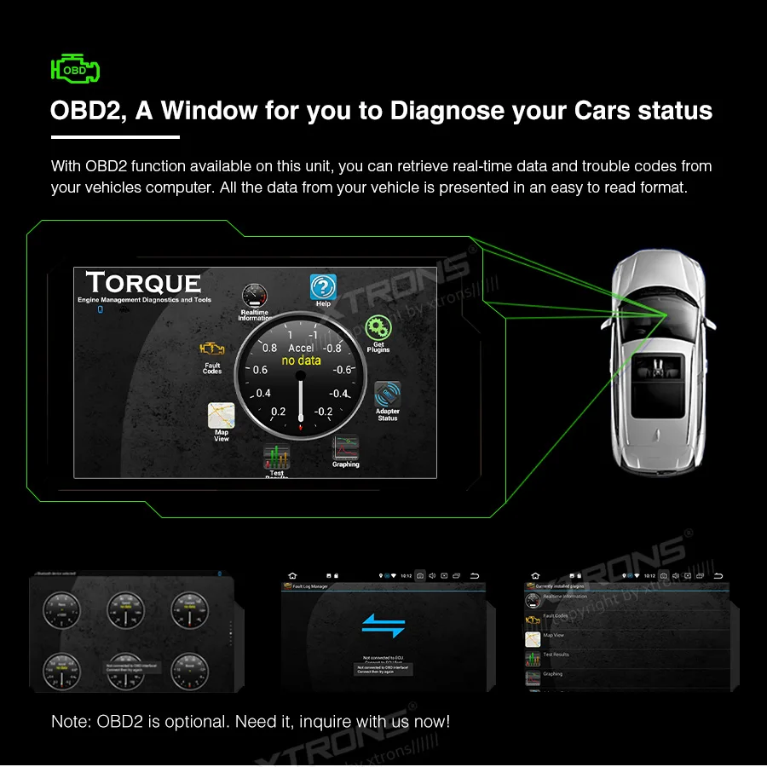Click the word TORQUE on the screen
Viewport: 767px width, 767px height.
click(x=143, y=283)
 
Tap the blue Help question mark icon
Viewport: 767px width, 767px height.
click(x=323, y=287)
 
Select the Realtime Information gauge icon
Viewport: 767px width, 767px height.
click(x=254, y=297)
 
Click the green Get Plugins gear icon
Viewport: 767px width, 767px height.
click(x=378, y=328)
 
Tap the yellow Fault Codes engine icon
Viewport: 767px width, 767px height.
click(x=212, y=349)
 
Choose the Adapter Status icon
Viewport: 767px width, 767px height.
click(x=388, y=395)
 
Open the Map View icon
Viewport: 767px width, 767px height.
click(x=221, y=416)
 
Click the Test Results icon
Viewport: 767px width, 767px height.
click(x=276, y=457)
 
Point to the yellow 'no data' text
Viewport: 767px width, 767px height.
click(x=302, y=360)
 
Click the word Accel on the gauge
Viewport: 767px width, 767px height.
click(x=301, y=348)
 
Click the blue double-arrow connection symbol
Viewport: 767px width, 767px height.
click(x=383, y=625)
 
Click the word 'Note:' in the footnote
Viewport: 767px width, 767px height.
click(x=72, y=722)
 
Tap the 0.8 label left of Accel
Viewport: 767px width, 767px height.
click(x=269, y=348)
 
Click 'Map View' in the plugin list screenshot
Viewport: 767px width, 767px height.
click(x=554, y=635)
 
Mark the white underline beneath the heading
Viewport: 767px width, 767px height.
click(x=115, y=136)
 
